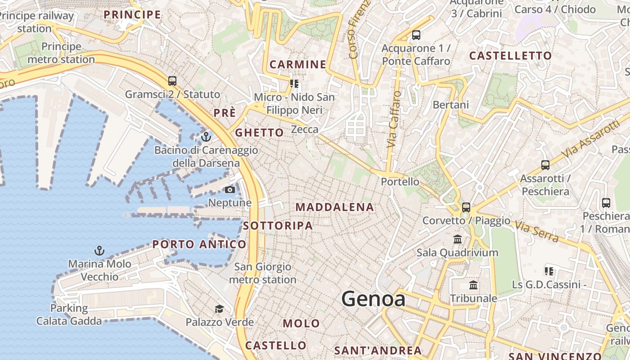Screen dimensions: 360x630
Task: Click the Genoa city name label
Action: point(373,298)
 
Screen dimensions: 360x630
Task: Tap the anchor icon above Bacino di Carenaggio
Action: point(206,136)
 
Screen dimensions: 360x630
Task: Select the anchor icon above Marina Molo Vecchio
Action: point(99,250)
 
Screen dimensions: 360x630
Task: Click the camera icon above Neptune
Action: point(229,189)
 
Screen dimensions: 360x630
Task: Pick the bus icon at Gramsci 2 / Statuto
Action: point(172,81)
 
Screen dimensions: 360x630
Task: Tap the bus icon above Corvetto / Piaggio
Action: point(466,207)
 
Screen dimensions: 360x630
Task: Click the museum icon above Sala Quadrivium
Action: point(458,239)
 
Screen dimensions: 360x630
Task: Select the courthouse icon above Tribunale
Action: point(473,285)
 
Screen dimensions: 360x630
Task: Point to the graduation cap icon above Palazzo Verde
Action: point(219,309)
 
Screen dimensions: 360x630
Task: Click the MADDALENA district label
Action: point(335,207)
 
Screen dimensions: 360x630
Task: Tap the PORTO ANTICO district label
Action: point(199,244)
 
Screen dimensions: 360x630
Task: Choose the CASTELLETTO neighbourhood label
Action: point(510,56)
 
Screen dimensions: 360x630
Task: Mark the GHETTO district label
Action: point(259,133)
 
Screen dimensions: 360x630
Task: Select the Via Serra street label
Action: point(536,231)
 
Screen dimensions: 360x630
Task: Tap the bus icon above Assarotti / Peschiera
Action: point(545,165)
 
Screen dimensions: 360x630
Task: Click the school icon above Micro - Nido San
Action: point(294,83)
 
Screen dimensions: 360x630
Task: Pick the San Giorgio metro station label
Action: point(263,273)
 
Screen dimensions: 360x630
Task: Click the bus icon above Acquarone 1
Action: point(416,35)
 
